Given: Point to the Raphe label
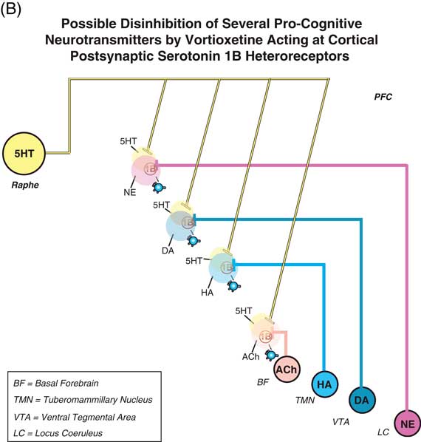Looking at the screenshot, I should click(x=24, y=186).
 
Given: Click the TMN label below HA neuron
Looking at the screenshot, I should click(x=296, y=399).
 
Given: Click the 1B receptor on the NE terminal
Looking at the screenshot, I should click(x=151, y=168).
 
